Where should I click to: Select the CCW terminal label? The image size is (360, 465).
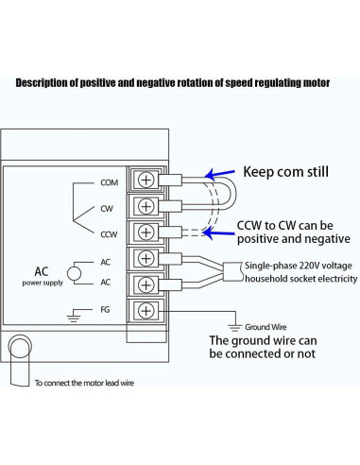pyautogui.click(x=107, y=232)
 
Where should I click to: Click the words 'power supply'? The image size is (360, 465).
pyautogui.click(x=45, y=282)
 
